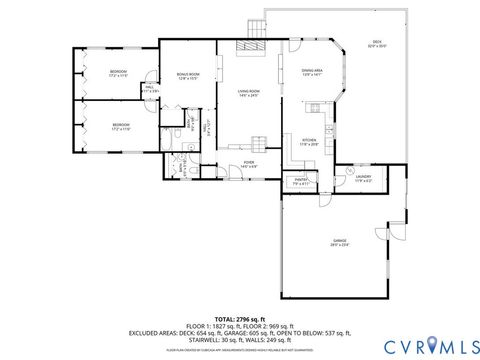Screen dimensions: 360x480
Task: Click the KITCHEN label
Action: [309, 141]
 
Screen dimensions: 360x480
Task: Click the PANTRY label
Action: [301, 182]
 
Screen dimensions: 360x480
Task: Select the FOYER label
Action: [249, 164]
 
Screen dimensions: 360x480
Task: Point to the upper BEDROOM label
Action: [118, 73]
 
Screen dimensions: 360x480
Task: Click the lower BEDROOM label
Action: [121, 127]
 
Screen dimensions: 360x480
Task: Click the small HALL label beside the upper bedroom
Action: [149, 89]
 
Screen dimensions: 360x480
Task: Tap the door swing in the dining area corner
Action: [297, 47]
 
